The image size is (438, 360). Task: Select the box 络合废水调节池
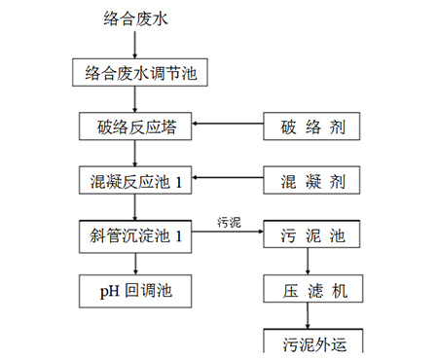(140, 72)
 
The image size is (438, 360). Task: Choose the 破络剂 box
(307, 126)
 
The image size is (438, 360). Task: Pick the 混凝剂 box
(307, 181)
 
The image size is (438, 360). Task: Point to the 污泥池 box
(307, 235)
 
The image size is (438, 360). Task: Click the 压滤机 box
(307, 290)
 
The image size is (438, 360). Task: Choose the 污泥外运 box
(307, 343)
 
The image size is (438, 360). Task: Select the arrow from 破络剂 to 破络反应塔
(228, 126)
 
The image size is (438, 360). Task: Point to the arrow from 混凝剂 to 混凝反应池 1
(228, 181)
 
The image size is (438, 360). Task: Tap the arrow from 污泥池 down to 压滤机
(307, 263)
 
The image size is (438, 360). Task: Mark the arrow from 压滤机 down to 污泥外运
(307, 316)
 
